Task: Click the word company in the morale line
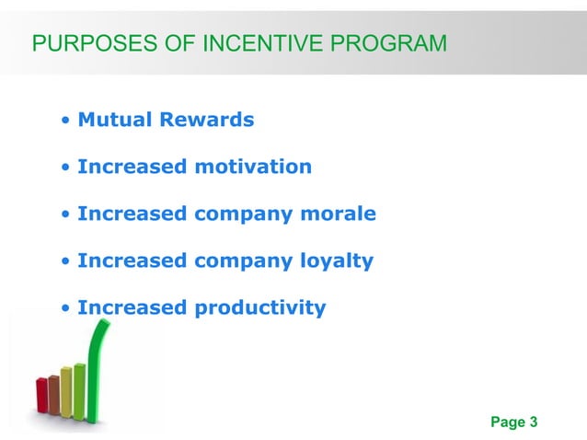coord(242,214)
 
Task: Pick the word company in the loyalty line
coord(242,261)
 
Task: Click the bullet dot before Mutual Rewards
coord(66,121)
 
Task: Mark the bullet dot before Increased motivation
coord(66,168)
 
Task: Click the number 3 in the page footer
coord(533,423)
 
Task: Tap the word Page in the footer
coord(508,423)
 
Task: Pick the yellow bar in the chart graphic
coord(66,392)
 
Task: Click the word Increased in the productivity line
coord(132,308)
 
